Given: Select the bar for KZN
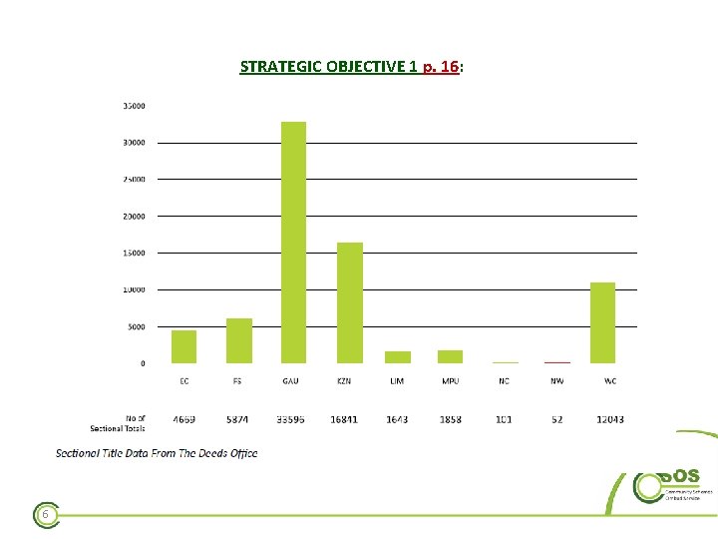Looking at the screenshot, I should tap(350, 302).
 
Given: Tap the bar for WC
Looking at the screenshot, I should tap(602, 322).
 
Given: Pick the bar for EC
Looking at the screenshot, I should tap(184, 346).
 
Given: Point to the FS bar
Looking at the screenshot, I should tap(239, 340).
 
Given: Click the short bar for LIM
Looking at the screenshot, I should tap(397, 356).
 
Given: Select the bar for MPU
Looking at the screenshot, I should tap(450, 356).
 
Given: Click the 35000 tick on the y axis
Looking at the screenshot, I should tap(134, 105).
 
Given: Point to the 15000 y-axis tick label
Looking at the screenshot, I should tap(134, 253).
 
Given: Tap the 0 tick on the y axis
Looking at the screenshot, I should tap(142, 363).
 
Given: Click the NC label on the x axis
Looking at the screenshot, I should tap(504, 381).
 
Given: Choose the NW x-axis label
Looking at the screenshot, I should tap(556, 381).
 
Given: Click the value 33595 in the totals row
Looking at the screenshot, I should tap(290, 419).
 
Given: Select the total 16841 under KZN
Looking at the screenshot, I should tap(344, 419).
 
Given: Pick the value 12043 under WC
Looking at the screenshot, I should tap(609, 419).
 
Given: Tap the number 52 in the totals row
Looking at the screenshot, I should tap(556, 419).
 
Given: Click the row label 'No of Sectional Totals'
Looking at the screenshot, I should tap(131, 423).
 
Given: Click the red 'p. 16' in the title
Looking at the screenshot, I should tap(440, 67).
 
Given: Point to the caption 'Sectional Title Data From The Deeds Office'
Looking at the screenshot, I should tap(157, 453).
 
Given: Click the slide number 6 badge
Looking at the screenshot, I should tap(45, 514).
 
